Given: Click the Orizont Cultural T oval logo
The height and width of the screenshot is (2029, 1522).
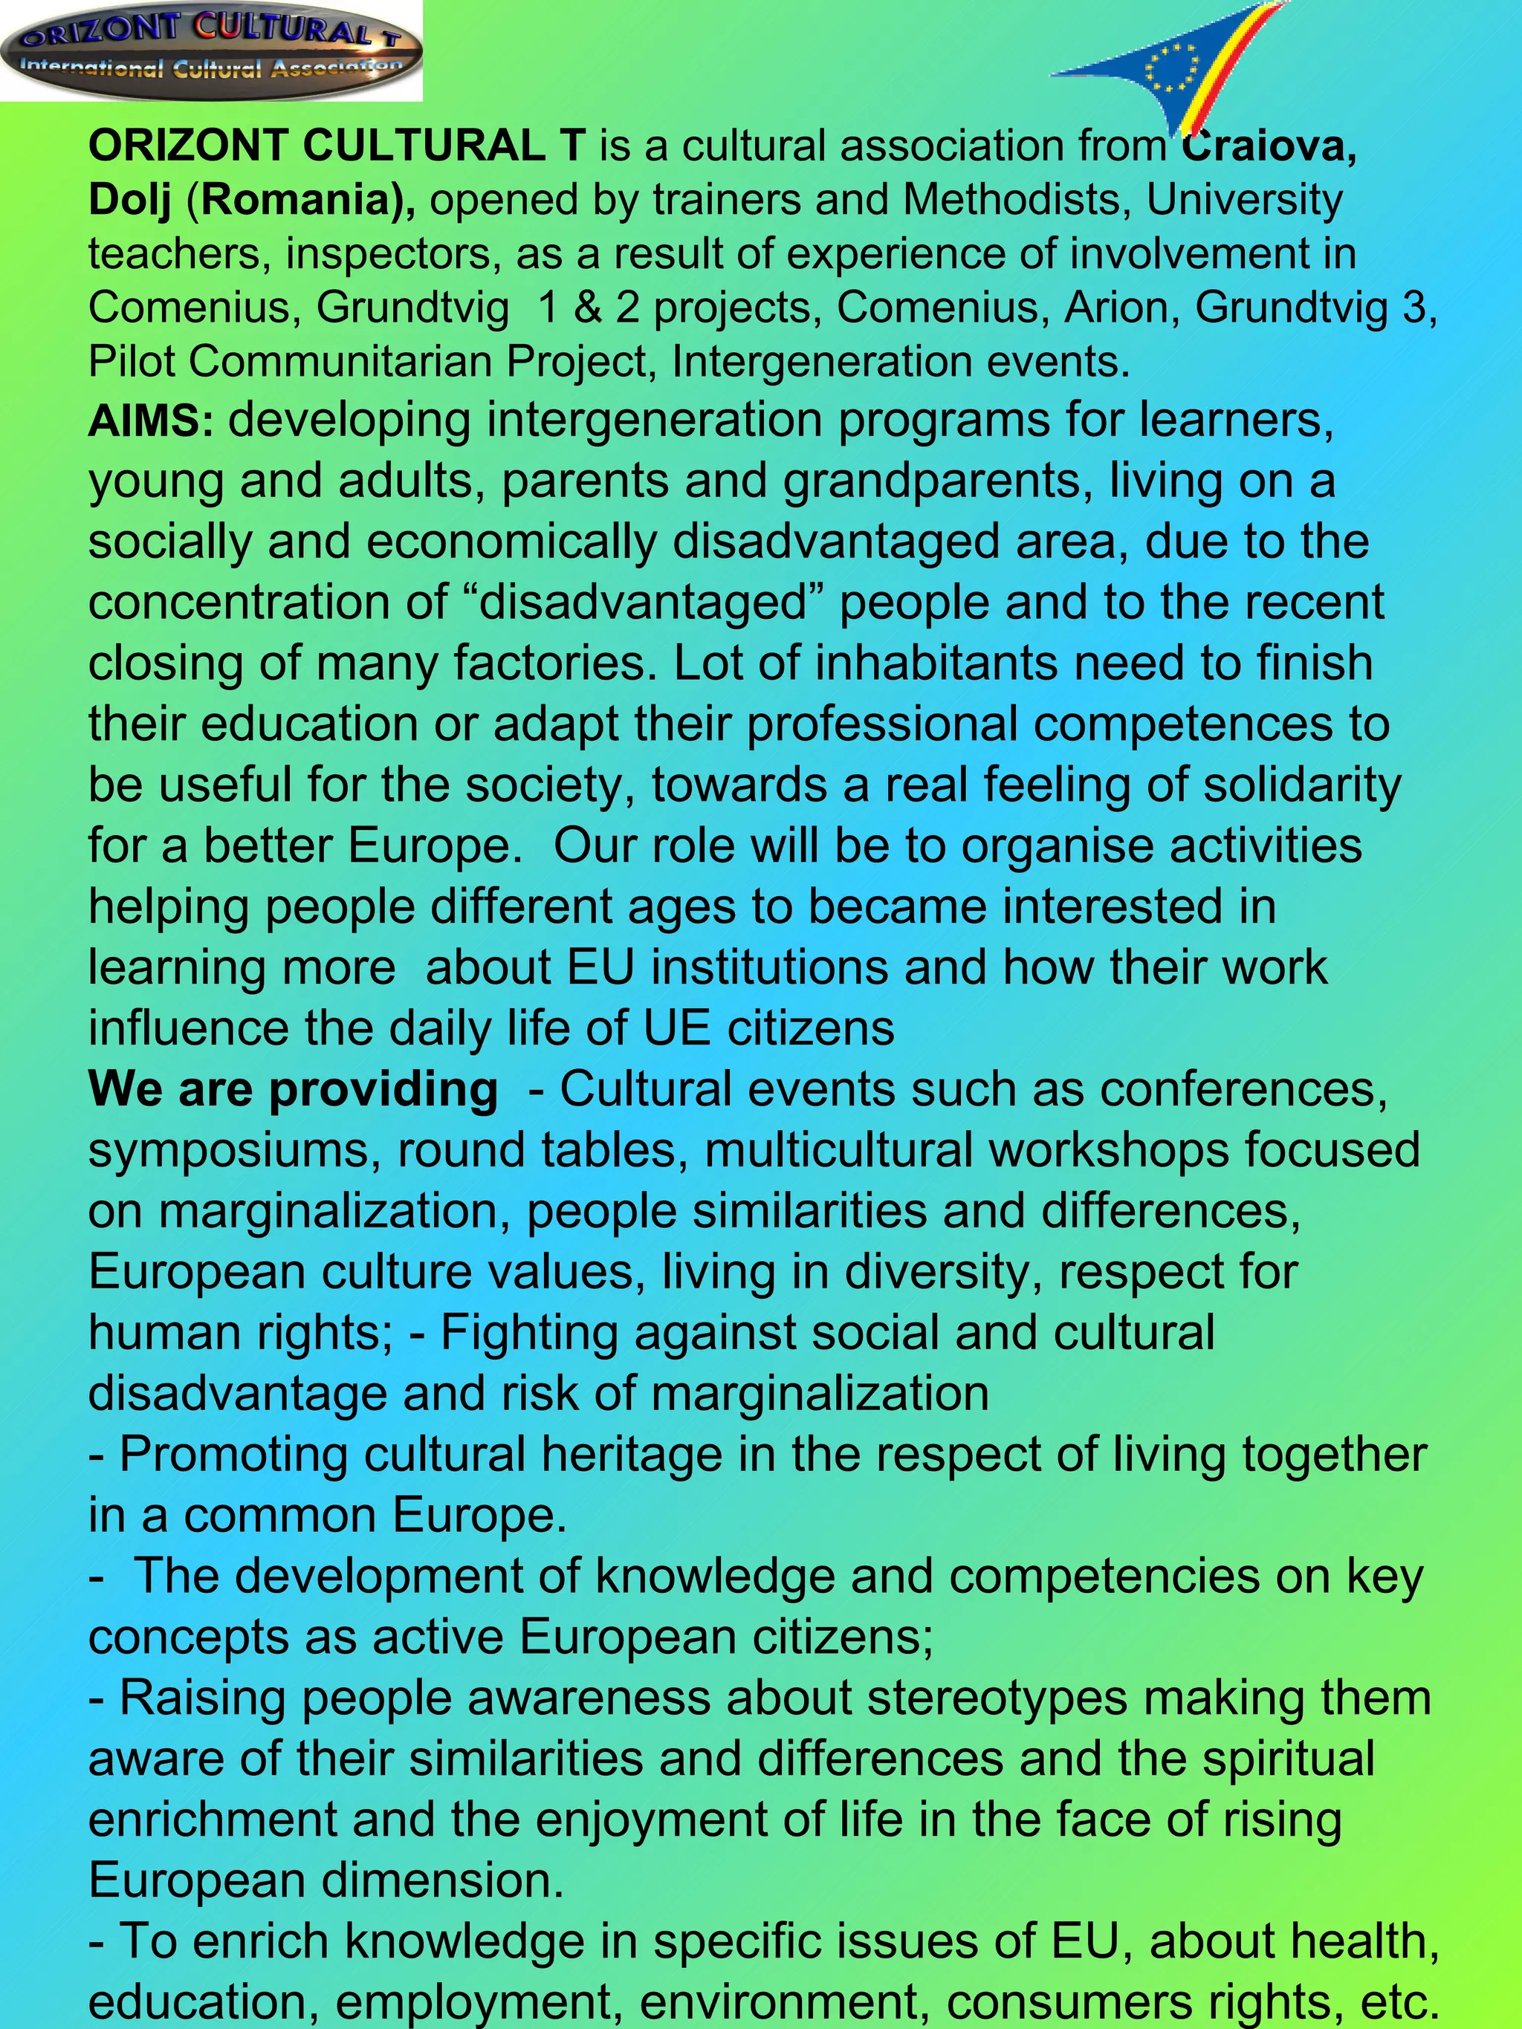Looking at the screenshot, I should tap(211, 50).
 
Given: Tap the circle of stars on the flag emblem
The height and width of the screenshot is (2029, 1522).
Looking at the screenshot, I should tap(1173, 67).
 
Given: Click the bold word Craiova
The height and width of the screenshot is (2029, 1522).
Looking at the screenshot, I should tap(1268, 147).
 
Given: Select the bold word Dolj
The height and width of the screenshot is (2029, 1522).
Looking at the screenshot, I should tap(129, 201).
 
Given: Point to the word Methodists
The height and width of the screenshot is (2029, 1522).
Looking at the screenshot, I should tap(1016, 200).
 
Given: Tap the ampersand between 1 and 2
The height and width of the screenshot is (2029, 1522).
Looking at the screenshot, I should tap(586, 308).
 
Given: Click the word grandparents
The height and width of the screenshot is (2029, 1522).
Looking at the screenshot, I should tap(939, 481).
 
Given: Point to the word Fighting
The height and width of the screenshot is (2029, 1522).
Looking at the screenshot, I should tap(528, 1333).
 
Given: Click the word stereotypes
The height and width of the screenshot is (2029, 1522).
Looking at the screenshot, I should tap(997, 1698).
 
